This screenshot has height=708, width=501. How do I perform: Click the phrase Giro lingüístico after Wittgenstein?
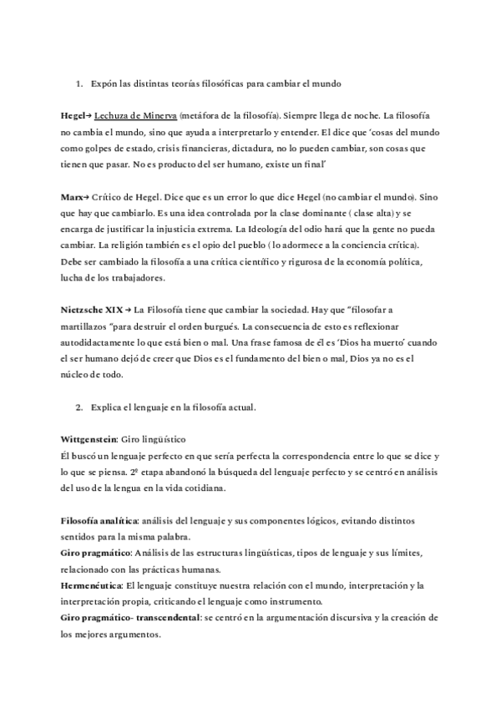(x=154, y=437)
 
